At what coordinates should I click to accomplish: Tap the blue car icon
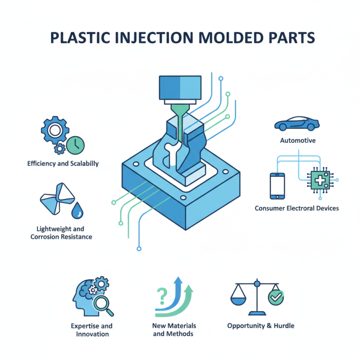pyautogui.click(x=297, y=123)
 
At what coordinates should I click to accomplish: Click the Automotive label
pyautogui.click(x=297, y=140)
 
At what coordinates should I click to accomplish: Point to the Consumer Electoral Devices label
pyautogui.click(x=297, y=208)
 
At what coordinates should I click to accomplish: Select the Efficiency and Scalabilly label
pyautogui.click(x=63, y=163)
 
